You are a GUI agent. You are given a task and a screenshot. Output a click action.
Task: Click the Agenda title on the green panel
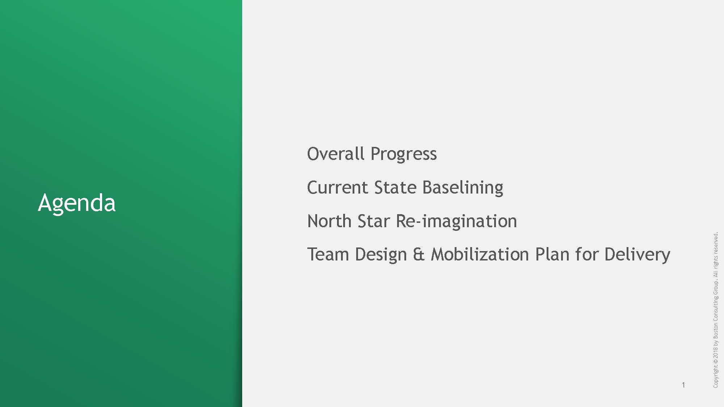click(x=77, y=203)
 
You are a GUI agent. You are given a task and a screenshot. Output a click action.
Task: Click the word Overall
click(x=336, y=153)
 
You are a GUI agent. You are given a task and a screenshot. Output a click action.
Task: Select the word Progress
click(x=404, y=155)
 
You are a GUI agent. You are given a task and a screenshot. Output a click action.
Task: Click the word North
click(x=329, y=221)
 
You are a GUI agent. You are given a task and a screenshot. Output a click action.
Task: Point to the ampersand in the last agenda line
click(x=418, y=254)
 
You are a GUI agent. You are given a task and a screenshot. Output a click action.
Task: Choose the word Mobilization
click(x=480, y=254)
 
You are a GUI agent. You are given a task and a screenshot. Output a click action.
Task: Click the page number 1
click(x=683, y=385)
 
